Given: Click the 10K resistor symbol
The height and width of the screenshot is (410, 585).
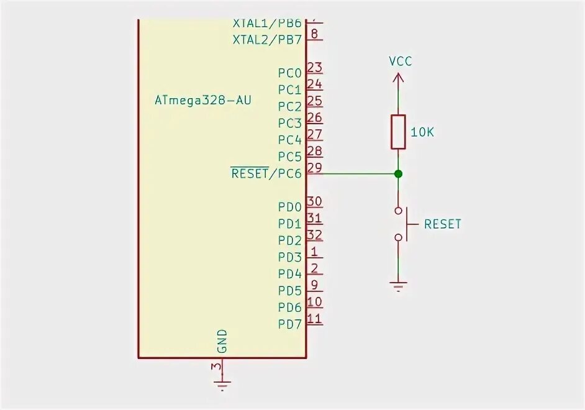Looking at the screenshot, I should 398,132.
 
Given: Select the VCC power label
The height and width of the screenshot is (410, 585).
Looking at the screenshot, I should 400,61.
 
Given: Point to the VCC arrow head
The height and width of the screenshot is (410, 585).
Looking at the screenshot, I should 398,78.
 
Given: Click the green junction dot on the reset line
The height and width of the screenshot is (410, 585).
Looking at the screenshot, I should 398,173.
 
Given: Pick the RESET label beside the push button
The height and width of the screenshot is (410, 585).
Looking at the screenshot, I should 443,224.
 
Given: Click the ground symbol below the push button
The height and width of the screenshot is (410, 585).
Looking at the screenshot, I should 398,286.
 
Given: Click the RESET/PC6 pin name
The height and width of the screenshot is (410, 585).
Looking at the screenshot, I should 266,173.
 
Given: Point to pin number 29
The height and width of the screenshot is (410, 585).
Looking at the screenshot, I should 314,168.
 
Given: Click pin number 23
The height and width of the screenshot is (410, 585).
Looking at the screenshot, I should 314,68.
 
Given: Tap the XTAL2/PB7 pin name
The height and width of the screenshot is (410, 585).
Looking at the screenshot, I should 266,40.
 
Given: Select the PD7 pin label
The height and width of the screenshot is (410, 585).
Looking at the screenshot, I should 289,324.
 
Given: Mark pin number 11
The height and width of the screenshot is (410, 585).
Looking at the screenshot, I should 314,319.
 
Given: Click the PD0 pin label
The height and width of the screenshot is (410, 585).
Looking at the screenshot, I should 289,207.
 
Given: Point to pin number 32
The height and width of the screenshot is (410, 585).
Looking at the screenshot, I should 314,235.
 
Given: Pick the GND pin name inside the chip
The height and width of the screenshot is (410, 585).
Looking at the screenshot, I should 222,341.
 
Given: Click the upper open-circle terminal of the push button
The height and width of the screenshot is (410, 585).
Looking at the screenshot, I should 398,211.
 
